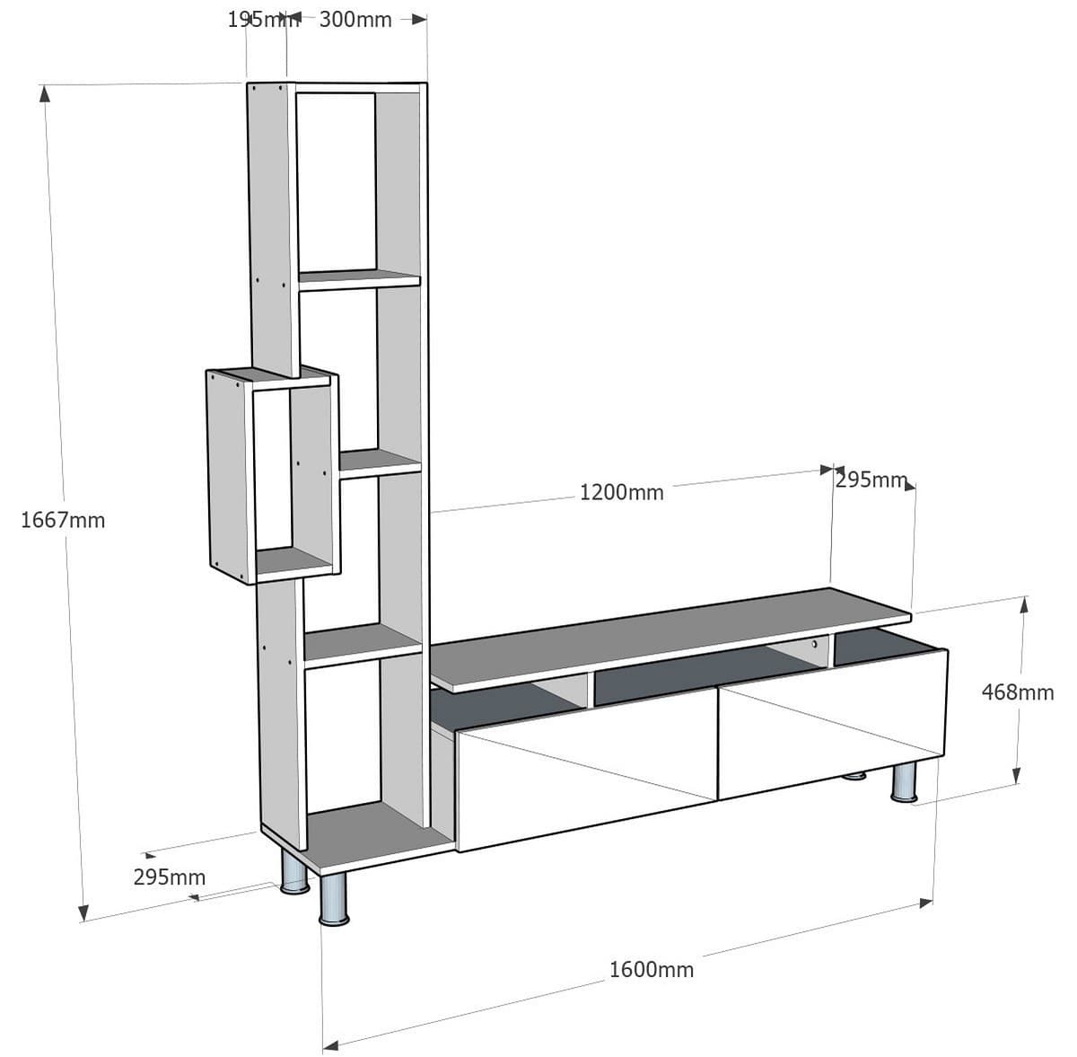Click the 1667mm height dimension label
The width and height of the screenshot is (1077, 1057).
tap(63, 520)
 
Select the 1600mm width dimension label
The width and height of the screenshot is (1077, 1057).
tap(652, 970)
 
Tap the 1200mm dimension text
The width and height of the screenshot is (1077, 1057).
tap(622, 492)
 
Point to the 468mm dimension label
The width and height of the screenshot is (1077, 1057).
tap(1018, 692)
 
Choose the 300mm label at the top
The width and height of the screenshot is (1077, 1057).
tap(355, 20)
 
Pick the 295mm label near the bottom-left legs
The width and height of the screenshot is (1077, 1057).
tap(170, 877)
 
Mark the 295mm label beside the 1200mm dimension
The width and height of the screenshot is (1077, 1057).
tap(871, 480)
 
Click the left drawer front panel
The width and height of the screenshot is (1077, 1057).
tap(588, 786)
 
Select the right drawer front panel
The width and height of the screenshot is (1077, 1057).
tap(832, 723)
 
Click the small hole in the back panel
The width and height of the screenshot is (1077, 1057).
tap(815, 644)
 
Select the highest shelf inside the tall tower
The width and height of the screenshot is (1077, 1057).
tap(359, 278)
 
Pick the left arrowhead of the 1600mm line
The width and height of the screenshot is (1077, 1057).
tap(330, 1044)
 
